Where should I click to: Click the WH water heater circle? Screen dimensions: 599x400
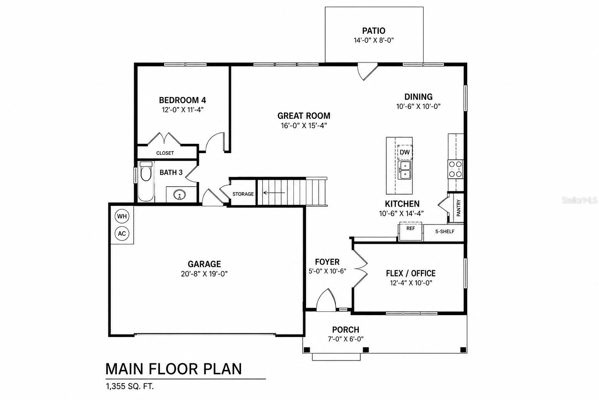(122, 216)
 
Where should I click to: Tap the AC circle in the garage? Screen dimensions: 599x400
(122, 233)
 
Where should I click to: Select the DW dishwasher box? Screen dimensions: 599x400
(405, 152)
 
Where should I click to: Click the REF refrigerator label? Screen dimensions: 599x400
(411, 229)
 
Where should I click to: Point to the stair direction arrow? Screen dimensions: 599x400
(274, 193)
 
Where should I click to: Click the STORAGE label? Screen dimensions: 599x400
(243, 194)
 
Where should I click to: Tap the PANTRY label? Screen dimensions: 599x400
(459, 208)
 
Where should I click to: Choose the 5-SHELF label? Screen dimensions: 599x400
(445, 232)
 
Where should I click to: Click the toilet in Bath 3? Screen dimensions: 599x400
(146, 171)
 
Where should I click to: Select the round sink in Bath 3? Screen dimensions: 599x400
(179, 195)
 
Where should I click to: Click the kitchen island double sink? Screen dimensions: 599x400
(404, 170)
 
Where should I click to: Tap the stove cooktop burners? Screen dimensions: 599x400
(455, 169)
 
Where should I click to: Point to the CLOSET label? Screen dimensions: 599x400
(165, 153)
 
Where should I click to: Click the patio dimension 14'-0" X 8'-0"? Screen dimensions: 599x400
(374, 40)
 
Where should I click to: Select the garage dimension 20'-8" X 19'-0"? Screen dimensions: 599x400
(204, 273)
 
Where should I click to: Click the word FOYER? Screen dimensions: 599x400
(327, 262)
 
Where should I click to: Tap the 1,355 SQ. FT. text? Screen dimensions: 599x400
(130, 386)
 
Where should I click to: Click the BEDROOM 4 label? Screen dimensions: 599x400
(183, 100)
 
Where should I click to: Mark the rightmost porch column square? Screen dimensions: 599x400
(463, 350)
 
